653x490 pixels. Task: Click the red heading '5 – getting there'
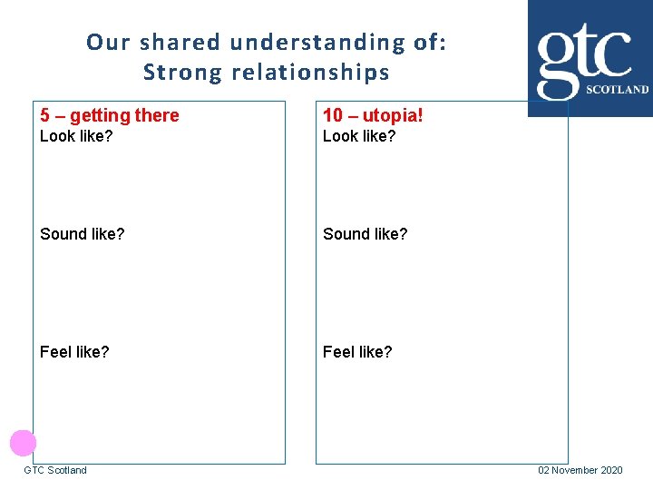[110, 115]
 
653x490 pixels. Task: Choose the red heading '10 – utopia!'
[373, 115]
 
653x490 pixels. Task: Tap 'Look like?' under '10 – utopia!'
[360, 136]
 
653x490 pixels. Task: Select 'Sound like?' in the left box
[83, 234]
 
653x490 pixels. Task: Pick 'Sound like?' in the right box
[365, 234]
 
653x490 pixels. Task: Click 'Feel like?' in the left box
[74, 351]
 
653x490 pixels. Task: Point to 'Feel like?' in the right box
[357, 351]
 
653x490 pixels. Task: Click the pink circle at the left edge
[23, 443]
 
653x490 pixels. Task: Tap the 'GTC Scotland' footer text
[55, 470]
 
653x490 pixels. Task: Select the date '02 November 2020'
[580, 470]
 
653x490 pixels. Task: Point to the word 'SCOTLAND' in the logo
[618, 90]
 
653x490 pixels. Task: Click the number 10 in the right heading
[333, 115]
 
